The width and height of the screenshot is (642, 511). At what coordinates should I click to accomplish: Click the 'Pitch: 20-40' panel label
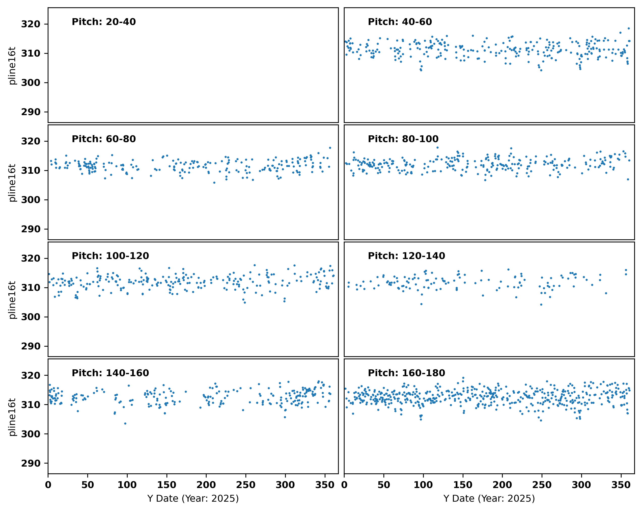(104, 22)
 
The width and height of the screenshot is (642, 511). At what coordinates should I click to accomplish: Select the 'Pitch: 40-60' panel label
(400, 22)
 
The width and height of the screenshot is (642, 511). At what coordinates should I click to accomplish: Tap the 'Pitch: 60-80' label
(104, 139)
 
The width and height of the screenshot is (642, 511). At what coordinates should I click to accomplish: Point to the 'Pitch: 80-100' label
(403, 139)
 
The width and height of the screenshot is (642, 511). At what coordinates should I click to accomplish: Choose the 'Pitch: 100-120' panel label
(110, 256)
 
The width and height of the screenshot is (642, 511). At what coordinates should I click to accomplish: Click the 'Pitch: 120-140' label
(406, 256)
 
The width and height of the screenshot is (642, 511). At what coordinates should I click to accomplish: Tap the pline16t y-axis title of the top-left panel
(12, 66)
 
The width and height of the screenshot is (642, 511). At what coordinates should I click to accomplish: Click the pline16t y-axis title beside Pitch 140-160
(12, 417)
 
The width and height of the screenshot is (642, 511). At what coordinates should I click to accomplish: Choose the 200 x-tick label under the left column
(206, 485)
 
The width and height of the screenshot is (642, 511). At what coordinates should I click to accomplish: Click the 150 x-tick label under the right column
(463, 485)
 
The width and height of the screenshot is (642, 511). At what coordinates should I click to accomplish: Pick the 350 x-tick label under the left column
(325, 485)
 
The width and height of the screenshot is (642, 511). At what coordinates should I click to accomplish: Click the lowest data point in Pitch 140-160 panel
(125, 423)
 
